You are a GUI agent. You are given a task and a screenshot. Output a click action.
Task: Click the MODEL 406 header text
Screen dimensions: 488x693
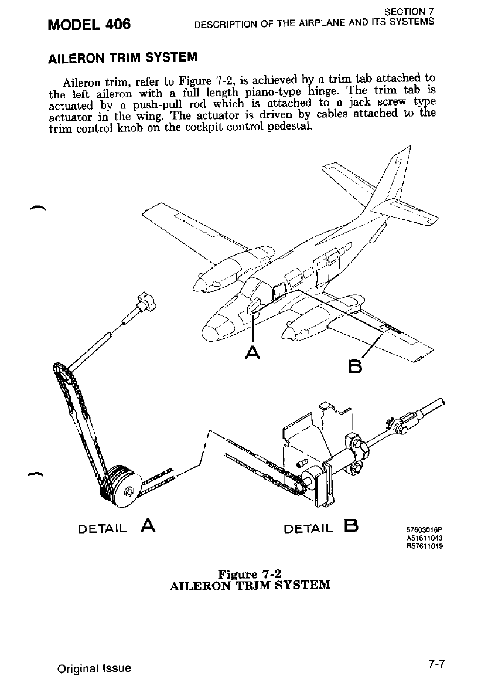click(x=90, y=25)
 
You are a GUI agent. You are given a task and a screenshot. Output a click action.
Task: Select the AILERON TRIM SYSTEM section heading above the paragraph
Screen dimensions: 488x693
click(x=122, y=57)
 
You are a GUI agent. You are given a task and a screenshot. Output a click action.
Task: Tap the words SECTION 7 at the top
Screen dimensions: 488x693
click(x=409, y=11)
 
